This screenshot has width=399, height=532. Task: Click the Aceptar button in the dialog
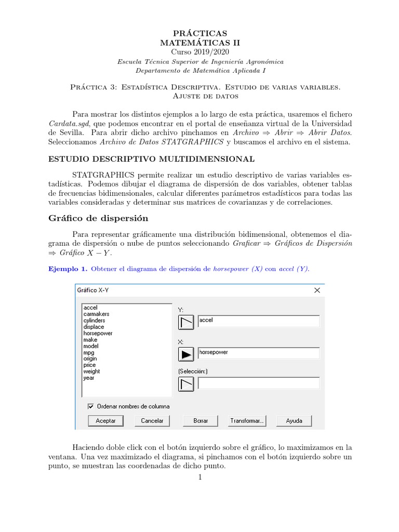click(x=105, y=421)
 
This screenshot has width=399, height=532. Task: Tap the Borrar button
click(x=201, y=421)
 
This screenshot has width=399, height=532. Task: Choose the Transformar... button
click(x=247, y=421)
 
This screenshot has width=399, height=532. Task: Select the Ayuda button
click(x=294, y=421)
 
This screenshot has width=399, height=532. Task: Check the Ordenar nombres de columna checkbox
click(x=90, y=406)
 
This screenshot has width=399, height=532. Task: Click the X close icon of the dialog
click(x=317, y=290)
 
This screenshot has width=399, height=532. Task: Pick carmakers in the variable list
click(x=96, y=314)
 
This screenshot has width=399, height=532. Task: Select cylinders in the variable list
click(x=94, y=321)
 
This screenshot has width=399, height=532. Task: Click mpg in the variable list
click(x=89, y=352)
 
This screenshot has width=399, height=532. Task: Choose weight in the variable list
click(x=91, y=371)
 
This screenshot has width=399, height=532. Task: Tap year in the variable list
click(x=89, y=378)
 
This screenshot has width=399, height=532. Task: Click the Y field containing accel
click(x=259, y=321)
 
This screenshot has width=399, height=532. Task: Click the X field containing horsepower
click(x=259, y=353)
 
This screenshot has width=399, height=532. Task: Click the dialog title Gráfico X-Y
click(x=93, y=290)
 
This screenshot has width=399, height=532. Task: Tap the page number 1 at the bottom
click(x=199, y=477)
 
